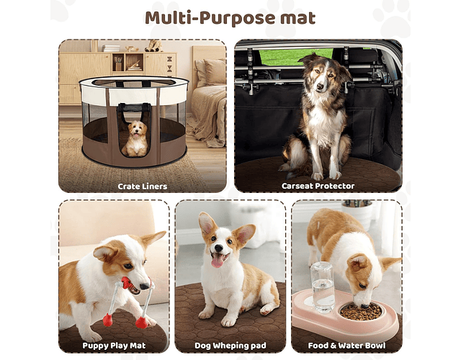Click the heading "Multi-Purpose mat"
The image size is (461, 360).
[x=230, y=18]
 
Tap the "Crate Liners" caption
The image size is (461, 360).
[x=143, y=186]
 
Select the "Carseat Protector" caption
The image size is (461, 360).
[x=318, y=186]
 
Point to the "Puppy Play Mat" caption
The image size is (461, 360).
[x=114, y=346]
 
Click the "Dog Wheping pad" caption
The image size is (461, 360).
[x=230, y=346]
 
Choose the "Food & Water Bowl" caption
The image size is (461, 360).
[x=346, y=346]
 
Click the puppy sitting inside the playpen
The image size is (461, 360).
[x=135, y=138]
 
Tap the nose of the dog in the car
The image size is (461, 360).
[x=320, y=86]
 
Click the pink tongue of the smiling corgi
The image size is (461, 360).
[x=218, y=261]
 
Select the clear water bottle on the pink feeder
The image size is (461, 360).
[x=322, y=287]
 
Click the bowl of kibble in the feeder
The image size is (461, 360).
[x=360, y=311]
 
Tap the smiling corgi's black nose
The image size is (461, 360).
[x=218, y=248]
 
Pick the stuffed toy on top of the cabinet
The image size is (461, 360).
[x=153, y=46]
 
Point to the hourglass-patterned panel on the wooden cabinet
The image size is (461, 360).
[x=170, y=65]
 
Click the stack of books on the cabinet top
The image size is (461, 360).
[x=111, y=48]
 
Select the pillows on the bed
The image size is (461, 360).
[x=210, y=72]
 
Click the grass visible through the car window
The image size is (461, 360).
[x=295, y=57]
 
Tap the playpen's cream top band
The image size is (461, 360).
[x=134, y=91]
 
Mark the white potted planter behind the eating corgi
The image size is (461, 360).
[x=357, y=213]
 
